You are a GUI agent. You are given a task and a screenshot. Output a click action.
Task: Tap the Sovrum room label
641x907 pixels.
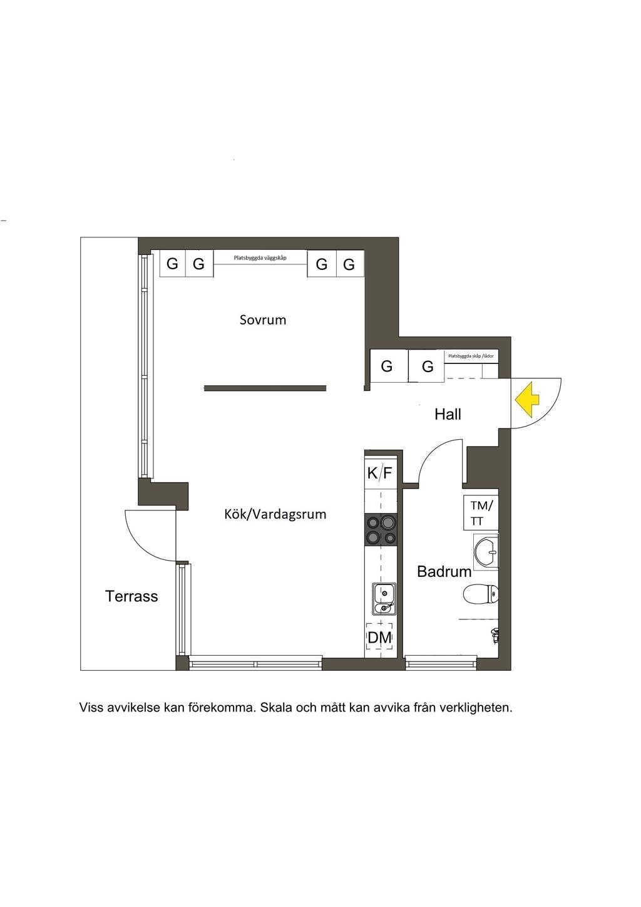[x=263, y=320]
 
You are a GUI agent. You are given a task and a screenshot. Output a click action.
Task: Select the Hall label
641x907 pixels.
[x=448, y=414]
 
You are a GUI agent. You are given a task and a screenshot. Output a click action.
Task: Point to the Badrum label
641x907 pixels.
[x=444, y=571]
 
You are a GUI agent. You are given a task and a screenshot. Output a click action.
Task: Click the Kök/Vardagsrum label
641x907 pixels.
[x=275, y=514]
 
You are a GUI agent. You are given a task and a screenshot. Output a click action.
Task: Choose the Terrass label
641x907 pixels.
[x=131, y=596]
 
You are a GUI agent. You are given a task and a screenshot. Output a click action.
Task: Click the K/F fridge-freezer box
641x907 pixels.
[x=379, y=473]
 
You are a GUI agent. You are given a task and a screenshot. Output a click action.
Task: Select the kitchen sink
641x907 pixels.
[x=382, y=598]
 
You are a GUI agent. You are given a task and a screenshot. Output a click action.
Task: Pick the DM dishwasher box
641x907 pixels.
[x=379, y=638]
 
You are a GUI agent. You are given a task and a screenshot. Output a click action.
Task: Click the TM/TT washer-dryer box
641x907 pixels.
[x=481, y=513]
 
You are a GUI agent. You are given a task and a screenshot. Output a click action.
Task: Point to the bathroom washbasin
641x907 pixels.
[x=486, y=552]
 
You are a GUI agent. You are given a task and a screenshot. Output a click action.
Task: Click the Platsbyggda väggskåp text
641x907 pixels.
[x=260, y=257]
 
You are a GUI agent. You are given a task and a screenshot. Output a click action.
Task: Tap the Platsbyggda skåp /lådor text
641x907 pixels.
[x=471, y=356]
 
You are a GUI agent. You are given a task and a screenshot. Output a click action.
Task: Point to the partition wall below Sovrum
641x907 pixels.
[x=265, y=388]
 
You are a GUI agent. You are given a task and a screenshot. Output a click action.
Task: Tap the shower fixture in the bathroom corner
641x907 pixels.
[x=495, y=635]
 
